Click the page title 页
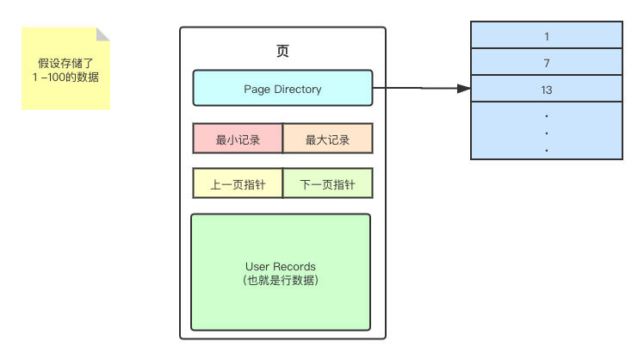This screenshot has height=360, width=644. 282,51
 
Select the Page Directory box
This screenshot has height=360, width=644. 282,89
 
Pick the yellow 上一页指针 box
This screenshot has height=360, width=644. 238,183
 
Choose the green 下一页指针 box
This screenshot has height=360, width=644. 327,183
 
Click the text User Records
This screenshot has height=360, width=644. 281,266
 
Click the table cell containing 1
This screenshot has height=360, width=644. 546,37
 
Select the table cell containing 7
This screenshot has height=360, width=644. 546,63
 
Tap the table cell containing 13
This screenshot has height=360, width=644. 546,89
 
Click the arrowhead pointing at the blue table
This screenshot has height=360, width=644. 464,88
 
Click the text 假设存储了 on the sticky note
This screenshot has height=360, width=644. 65,64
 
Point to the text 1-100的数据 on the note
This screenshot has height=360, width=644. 65,78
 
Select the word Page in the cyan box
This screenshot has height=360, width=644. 257,89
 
